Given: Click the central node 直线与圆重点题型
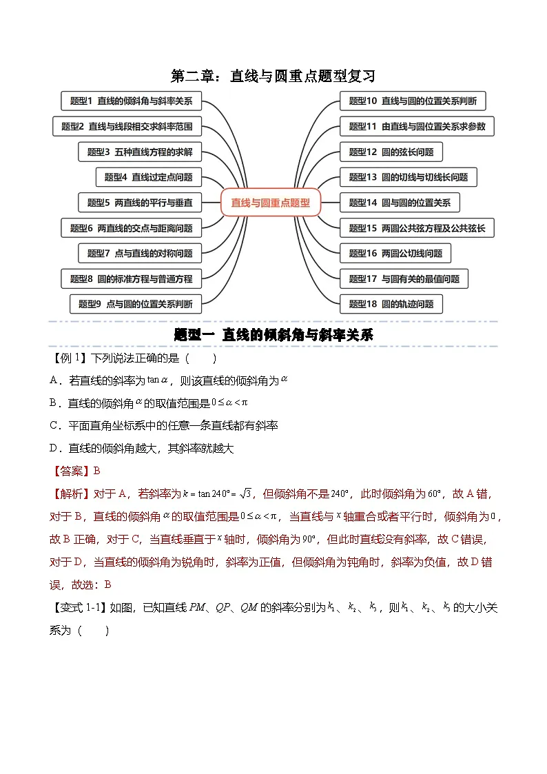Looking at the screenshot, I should click(x=271, y=203).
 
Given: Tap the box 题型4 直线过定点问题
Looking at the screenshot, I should click(x=148, y=177).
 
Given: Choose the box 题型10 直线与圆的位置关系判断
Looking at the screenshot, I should click(x=413, y=101).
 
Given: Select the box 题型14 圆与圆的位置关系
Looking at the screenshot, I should click(x=400, y=203).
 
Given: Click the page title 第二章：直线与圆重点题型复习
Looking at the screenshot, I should click(x=273, y=74).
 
